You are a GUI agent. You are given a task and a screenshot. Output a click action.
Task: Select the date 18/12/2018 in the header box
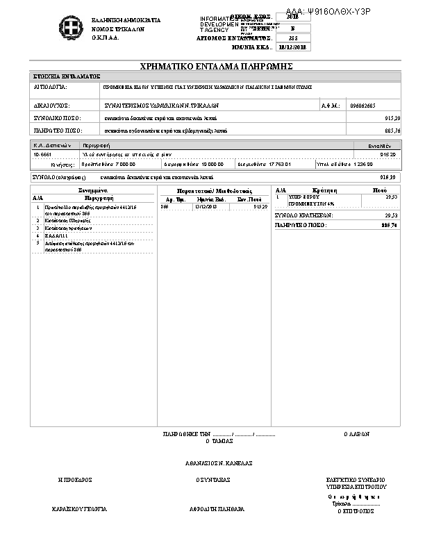(292, 47)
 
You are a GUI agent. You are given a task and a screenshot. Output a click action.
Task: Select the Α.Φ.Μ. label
(329, 106)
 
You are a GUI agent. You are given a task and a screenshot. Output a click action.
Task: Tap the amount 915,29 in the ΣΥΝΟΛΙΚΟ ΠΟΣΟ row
(392, 119)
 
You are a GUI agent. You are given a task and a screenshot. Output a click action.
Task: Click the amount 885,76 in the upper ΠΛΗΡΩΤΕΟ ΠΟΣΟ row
(392, 130)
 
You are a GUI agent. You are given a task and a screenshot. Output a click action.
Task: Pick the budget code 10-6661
(43, 154)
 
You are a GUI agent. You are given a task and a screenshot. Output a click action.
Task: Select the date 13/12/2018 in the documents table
(206, 206)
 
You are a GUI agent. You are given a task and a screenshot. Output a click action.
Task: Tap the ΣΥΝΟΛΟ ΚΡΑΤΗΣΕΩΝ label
(304, 216)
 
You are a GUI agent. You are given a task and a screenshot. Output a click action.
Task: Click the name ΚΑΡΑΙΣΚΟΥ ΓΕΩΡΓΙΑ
(80, 509)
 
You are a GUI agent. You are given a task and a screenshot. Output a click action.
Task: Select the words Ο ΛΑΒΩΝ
(356, 433)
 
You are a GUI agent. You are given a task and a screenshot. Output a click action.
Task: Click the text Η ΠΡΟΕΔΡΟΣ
(76, 480)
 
